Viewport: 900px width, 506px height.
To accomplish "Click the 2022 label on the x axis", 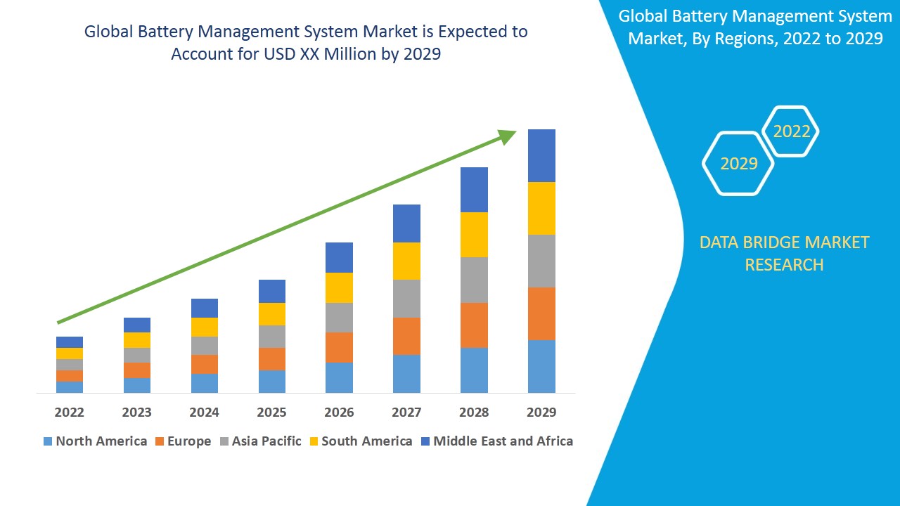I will point(69,412).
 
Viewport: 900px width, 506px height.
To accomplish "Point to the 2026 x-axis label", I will point(339,412).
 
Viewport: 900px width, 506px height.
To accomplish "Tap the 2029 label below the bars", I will point(541,412).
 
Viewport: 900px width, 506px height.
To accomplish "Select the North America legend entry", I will point(95,441).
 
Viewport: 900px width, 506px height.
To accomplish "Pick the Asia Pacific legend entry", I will point(261,441).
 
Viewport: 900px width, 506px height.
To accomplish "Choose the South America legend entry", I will point(360,441).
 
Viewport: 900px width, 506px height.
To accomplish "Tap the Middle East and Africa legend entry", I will point(496,441).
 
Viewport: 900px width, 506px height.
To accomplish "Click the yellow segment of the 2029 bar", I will point(541,208).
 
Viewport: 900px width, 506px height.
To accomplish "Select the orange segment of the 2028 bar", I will point(474,325).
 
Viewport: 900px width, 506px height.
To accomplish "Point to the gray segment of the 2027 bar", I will point(406,299).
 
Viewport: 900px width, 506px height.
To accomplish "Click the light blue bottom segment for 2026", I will point(339,377).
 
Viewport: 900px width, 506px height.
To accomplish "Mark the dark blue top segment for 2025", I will point(271,291).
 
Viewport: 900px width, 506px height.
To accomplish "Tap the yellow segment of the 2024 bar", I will point(204,327).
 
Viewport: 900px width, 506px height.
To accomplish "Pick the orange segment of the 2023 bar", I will point(136,370).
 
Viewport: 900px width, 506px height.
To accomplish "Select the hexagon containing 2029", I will point(738,164).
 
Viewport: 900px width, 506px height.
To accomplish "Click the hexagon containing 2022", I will point(791,131).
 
